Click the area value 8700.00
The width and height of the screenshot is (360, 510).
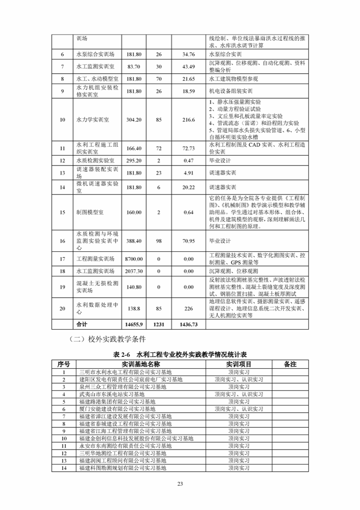[x=134, y=259]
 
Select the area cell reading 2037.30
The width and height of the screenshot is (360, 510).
[x=134, y=271]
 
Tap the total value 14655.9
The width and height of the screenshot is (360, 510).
[x=134, y=324]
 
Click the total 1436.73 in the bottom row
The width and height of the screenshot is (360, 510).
[x=189, y=324]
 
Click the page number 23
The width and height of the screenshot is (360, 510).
[x=180, y=483]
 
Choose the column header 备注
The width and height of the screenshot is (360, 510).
[x=290, y=364]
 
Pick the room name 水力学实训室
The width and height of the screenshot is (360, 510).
[x=93, y=120]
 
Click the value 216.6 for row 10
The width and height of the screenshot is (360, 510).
[x=189, y=120]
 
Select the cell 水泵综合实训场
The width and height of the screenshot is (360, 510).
[x=96, y=54]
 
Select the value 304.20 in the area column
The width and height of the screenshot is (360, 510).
[x=134, y=120]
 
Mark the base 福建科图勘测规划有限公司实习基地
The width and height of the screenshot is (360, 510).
[x=123, y=467]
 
